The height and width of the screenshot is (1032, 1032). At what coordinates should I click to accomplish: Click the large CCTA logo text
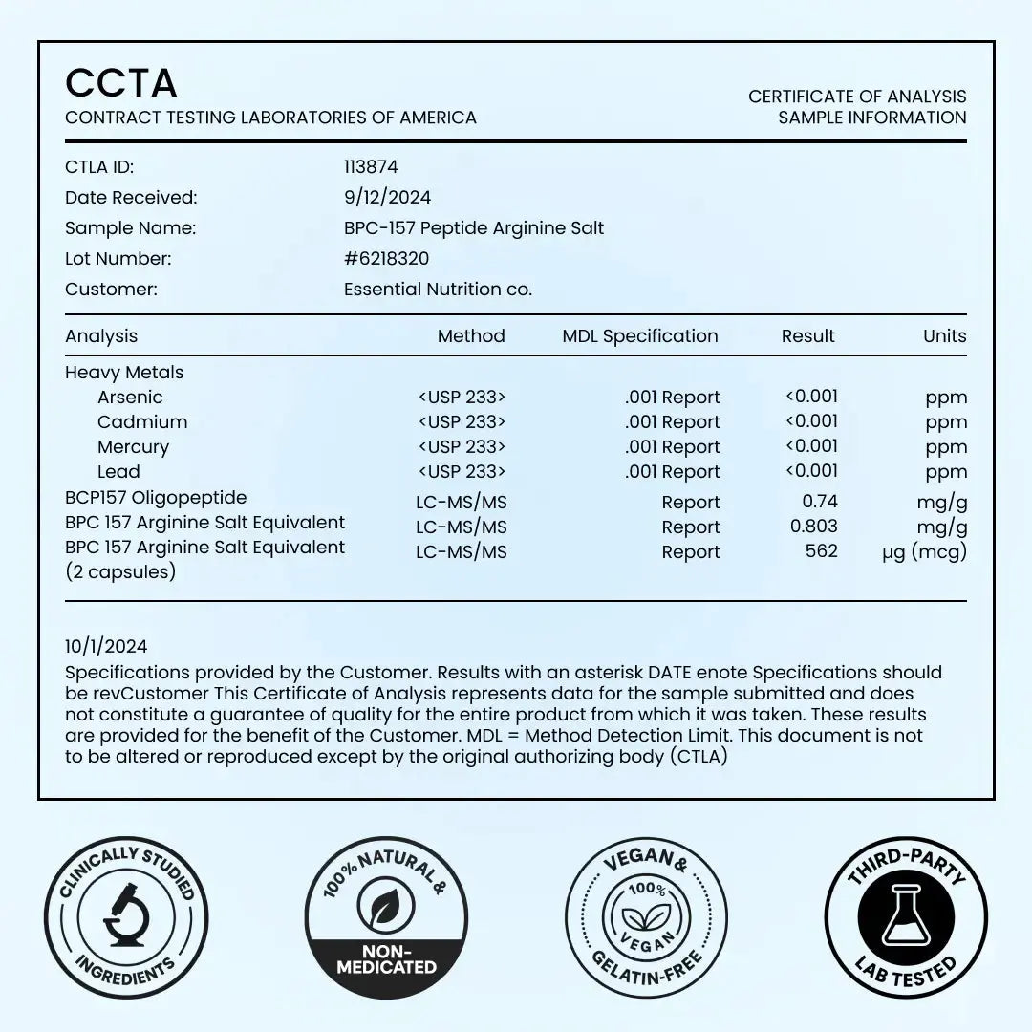(121, 83)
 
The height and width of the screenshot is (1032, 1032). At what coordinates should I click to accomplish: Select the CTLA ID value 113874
(371, 167)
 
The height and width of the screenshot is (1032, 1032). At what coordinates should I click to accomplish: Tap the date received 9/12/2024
(387, 198)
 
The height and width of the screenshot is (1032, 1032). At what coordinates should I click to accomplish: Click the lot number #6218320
(386, 259)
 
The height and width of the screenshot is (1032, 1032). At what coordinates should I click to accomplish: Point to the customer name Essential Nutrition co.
(438, 290)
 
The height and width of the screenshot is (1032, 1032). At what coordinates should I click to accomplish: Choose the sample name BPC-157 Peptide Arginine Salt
(474, 228)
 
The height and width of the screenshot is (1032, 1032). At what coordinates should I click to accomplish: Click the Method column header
(471, 336)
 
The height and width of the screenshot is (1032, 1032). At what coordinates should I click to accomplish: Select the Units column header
(944, 336)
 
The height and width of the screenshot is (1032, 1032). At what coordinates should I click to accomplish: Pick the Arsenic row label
(130, 398)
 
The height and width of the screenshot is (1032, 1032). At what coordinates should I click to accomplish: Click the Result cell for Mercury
(811, 446)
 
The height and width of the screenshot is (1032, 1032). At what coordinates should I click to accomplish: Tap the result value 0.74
(820, 501)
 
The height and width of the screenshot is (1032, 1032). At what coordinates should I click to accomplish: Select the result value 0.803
(814, 526)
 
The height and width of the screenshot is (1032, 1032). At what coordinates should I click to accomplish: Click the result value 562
(822, 550)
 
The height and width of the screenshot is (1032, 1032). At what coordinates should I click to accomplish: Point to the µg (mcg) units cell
(924, 552)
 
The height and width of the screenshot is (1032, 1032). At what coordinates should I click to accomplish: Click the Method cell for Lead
(462, 472)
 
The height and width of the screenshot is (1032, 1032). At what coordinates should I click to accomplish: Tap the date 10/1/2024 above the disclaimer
(106, 647)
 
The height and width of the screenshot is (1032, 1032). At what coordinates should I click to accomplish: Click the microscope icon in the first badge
(126, 917)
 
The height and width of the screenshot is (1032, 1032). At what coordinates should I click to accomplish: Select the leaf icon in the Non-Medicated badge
(386, 908)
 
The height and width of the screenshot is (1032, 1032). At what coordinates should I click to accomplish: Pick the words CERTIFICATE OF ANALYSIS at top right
(857, 97)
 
